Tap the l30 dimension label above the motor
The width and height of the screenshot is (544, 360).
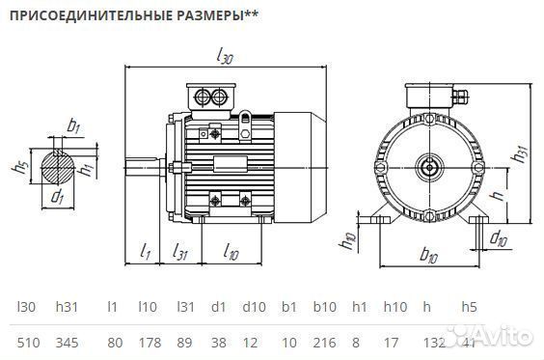click(x=225, y=58)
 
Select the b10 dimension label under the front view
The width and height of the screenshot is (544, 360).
click(x=430, y=257)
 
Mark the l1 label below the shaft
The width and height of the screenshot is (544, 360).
click(x=146, y=253)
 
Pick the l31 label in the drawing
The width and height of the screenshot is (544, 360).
click(x=179, y=253)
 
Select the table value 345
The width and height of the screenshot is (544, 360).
click(x=67, y=343)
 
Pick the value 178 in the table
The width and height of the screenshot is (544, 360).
click(x=148, y=343)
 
